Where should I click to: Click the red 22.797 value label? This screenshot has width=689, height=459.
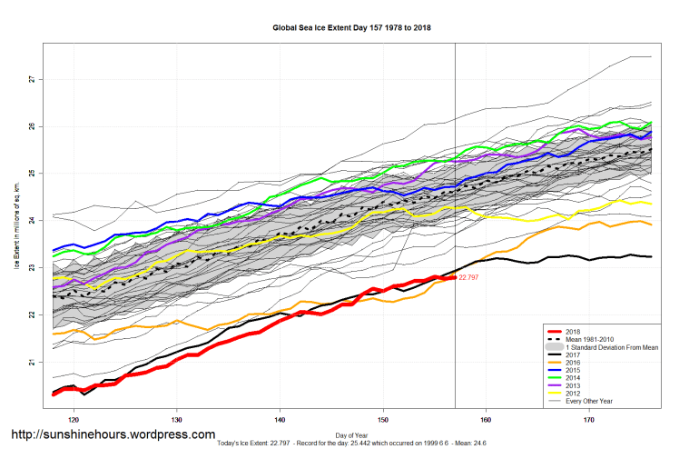tap(470, 276)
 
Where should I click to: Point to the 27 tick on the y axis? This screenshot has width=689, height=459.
tap(30, 79)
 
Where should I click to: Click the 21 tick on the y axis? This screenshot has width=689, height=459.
tap(30, 363)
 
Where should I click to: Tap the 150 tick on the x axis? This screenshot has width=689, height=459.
tap(383, 420)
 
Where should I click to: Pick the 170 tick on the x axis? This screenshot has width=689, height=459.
tap(590, 420)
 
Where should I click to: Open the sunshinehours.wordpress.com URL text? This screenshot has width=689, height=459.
tap(113, 434)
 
